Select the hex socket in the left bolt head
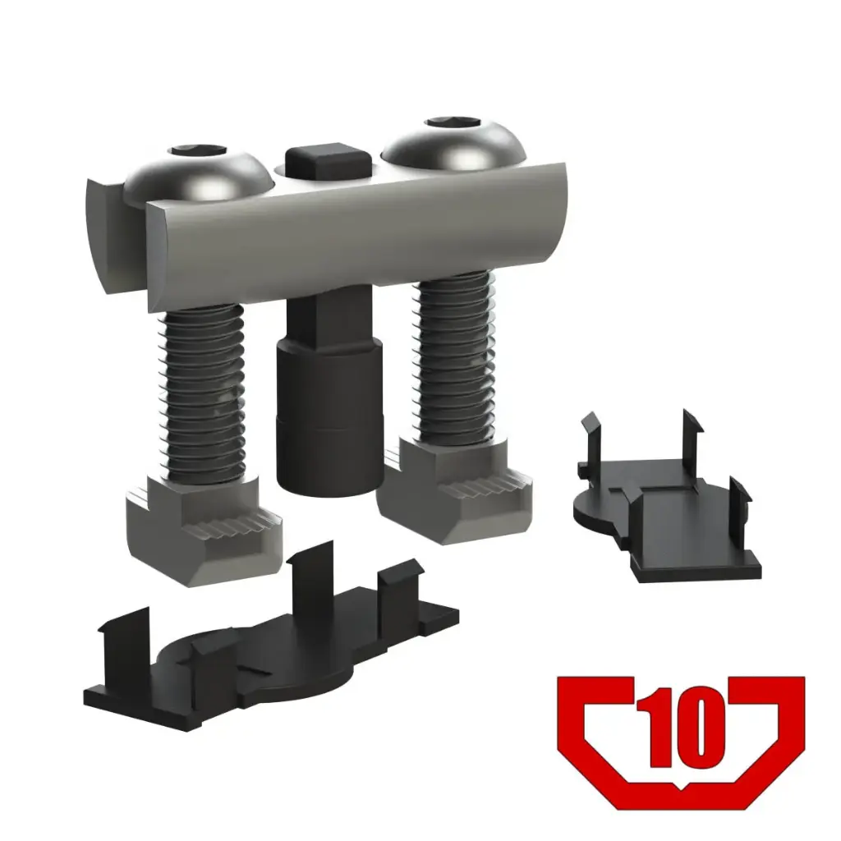point(198,151)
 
